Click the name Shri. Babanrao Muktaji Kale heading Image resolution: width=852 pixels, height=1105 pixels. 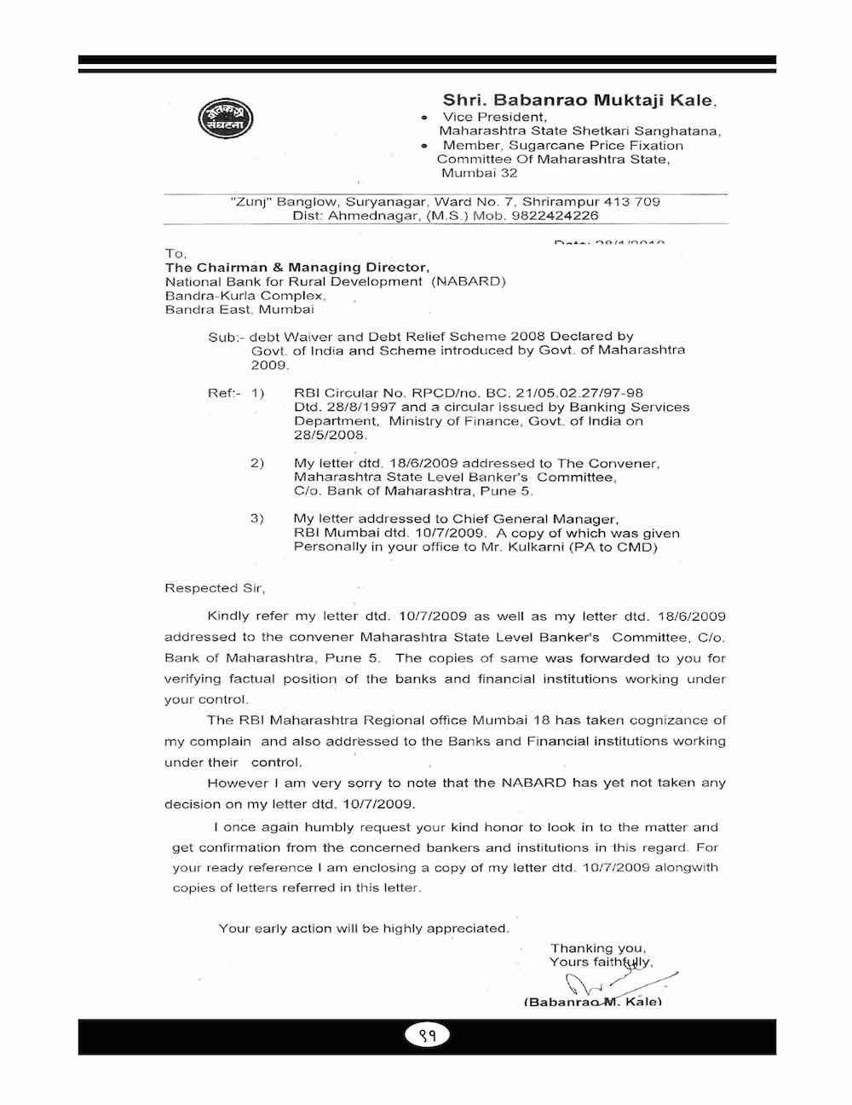pyautogui.click(x=579, y=101)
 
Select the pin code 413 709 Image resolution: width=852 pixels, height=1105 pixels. pyautogui.click(x=631, y=202)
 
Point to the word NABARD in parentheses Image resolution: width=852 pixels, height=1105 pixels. pyautogui.click(x=468, y=281)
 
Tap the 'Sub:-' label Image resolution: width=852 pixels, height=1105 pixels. pyautogui.click(x=226, y=337)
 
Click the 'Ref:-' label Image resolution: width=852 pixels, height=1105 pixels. pyautogui.click(x=225, y=393)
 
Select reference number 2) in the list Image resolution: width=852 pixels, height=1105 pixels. pyautogui.click(x=257, y=463)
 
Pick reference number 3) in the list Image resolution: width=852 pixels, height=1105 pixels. pyautogui.click(x=257, y=518)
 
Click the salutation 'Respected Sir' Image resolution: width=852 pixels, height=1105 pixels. pyautogui.click(x=215, y=587)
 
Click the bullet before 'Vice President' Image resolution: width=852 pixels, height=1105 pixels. pyautogui.click(x=424, y=117)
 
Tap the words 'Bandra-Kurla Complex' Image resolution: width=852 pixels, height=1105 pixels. pyautogui.click(x=244, y=295)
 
